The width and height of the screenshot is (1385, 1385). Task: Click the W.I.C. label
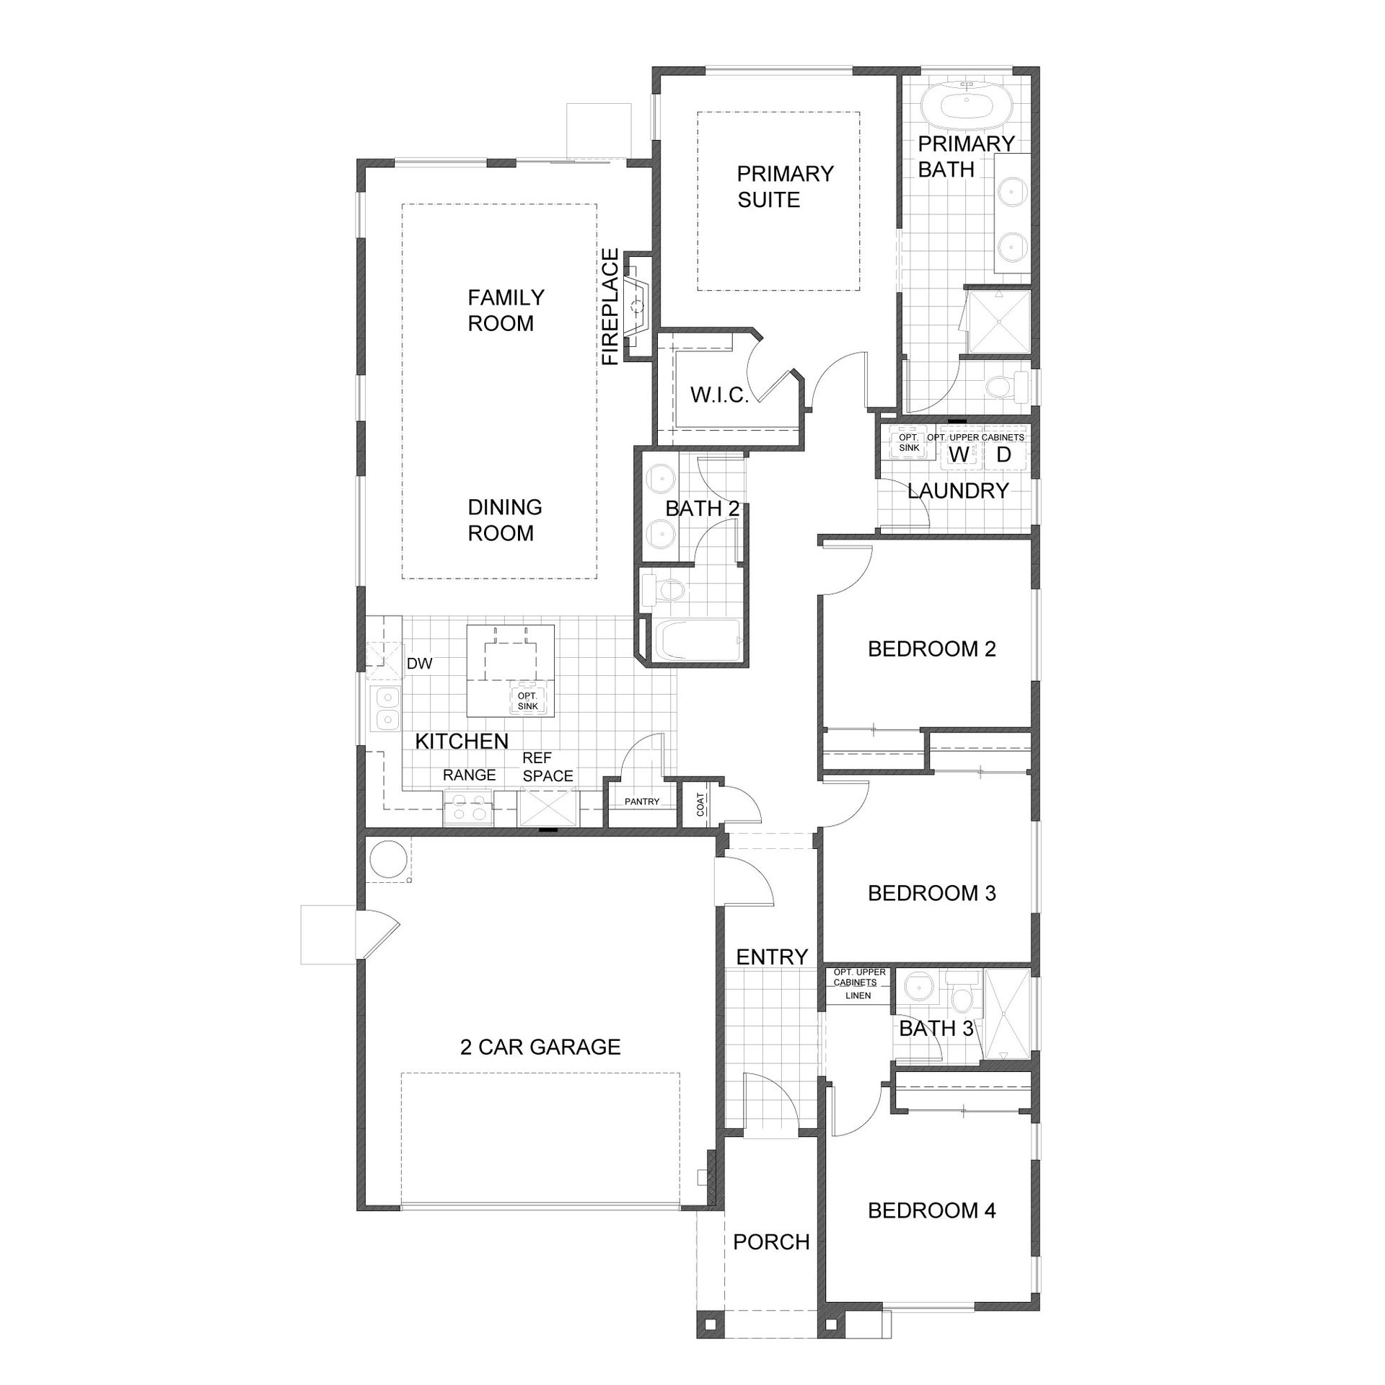tap(719, 395)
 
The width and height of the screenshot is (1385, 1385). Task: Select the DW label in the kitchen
tap(419, 664)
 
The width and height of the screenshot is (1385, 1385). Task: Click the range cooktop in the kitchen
tap(468, 807)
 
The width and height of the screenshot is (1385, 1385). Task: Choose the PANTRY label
tap(642, 801)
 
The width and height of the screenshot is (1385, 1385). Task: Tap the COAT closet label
tap(700, 804)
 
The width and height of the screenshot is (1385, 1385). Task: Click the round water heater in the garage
tap(387, 860)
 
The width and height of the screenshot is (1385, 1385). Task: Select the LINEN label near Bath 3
tap(858, 995)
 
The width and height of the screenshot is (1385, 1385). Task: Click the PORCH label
tap(771, 1242)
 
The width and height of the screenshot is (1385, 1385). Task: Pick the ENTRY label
tap(772, 957)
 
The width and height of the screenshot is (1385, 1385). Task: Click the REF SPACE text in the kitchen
tap(548, 767)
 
